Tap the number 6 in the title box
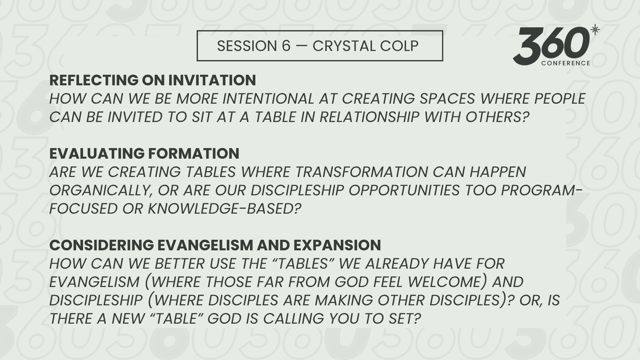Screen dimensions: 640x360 286,46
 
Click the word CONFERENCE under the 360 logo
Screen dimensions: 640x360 566,63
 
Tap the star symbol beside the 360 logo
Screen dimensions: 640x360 595,30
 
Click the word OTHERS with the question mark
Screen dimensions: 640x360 497,117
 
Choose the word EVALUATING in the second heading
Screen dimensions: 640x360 97,154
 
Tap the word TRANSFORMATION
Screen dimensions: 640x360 361,172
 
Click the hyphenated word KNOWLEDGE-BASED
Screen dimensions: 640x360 224,209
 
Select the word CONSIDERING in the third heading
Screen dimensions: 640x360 102,245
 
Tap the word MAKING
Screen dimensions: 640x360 344,300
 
